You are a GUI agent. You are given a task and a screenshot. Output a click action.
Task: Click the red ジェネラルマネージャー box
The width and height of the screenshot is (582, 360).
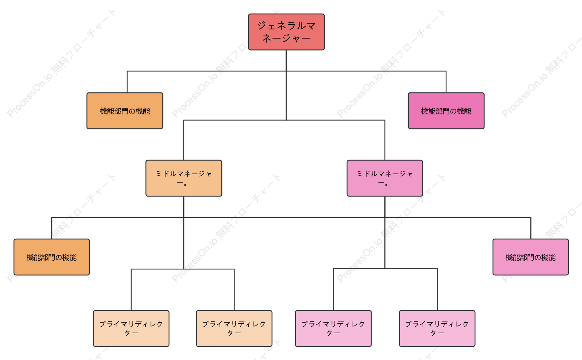pos(286,32)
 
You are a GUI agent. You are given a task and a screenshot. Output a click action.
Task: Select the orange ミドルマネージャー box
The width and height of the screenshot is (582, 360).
pos(184,178)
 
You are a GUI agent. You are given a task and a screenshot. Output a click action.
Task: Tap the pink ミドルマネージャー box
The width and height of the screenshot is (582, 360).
pos(385,178)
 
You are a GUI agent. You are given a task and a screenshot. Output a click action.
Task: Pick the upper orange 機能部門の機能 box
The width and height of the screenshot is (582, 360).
pos(125,111)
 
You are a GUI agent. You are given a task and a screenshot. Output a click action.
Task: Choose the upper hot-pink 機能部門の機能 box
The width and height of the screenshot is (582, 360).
pos(446,111)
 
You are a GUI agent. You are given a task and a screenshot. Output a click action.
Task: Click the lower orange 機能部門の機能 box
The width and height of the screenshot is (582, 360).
pos(52,257)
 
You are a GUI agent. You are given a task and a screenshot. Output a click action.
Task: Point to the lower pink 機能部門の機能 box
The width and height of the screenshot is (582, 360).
pos(531,257)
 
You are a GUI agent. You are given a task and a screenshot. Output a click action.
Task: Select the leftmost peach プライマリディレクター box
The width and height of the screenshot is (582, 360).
pos(131,328)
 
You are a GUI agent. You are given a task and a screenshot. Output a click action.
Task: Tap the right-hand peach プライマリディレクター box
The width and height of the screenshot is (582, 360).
pos(234,328)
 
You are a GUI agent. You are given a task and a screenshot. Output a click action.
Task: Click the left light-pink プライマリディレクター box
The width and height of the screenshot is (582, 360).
pos(334,328)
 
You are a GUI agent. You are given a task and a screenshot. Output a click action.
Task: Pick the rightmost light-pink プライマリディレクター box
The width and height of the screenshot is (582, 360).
pos(437,328)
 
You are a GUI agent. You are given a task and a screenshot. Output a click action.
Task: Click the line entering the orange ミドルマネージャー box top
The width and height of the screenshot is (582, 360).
pos(184,140)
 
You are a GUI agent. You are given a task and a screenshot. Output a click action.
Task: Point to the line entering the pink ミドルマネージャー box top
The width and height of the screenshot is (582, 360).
pos(385,140)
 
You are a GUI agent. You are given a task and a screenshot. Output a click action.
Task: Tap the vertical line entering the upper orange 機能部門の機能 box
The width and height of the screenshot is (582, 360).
pos(127,82)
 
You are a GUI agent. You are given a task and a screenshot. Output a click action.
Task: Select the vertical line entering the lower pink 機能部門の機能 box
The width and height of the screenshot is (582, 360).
pos(531,228)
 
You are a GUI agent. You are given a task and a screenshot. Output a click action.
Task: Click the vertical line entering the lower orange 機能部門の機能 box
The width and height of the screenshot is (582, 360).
pos(52,228)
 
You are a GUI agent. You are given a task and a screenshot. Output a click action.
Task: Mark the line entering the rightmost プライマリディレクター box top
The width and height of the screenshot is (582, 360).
pos(437,289)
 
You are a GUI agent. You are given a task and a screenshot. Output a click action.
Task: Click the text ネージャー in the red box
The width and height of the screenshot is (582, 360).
pos(286,38)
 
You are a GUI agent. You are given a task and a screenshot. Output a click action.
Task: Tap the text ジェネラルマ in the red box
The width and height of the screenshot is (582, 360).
pos(286,26)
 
